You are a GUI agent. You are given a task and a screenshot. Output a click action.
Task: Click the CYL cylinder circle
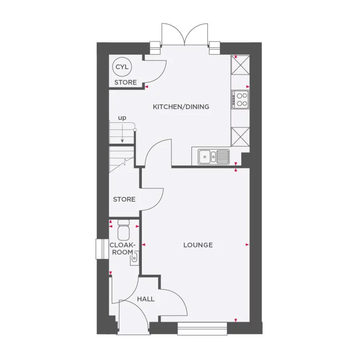coord(122,67)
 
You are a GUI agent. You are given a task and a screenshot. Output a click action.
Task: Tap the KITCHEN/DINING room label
coord(181,107)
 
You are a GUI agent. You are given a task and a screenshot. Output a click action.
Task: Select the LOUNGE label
coord(198,245)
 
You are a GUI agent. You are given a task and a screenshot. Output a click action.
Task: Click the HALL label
coord(146,299)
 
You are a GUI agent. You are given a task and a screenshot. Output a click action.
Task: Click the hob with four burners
coord(240,99)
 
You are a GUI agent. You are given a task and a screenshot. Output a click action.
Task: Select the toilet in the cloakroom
coord(124,231)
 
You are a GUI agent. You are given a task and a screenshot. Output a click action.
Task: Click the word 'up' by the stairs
coord(122,118)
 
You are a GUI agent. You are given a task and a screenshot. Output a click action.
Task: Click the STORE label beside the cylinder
coord(126,82)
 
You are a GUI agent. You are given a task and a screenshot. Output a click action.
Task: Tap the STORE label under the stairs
coord(124,199)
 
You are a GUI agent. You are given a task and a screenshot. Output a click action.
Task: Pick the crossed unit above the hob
coord(240,66)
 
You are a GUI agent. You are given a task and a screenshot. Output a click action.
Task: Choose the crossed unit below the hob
coord(240,136)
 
